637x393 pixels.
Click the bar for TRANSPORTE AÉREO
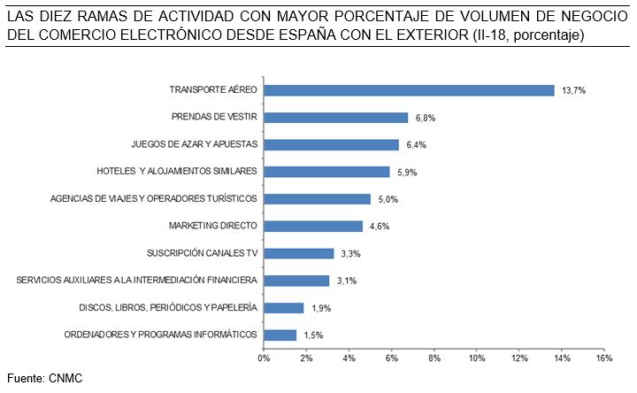pyautogui.click(x=409, y=90)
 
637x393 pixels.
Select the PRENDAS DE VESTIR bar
pyautogui.click(x=336, y=118)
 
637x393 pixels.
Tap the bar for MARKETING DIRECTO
pyautogui.click(x=313, y=227)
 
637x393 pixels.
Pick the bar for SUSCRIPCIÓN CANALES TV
pyautogui.click(x=299, y=253)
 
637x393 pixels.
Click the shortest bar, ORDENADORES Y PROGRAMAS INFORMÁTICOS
pyautogui.click(x=280, y=335)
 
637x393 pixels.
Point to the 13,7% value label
pyautogui.click(x=572, y=90)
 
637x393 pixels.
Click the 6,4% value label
pyautogui.click(x=417, y=145)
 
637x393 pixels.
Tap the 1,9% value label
pyautogui.click(x=321, y=308)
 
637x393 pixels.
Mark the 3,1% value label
pyautogui.click(x=348, y=281)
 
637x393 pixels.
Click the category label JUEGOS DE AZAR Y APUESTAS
pyautogui.click(x=194, y=144)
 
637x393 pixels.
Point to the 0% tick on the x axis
pyautogui.click(x=264, y=358)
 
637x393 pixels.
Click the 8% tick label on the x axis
pyautogui.click(x=434, y=358)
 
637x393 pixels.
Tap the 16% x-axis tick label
pyautogui.click(x=605, y=358)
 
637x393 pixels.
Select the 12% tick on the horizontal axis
pyautogui.click(x=519, y=358)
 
